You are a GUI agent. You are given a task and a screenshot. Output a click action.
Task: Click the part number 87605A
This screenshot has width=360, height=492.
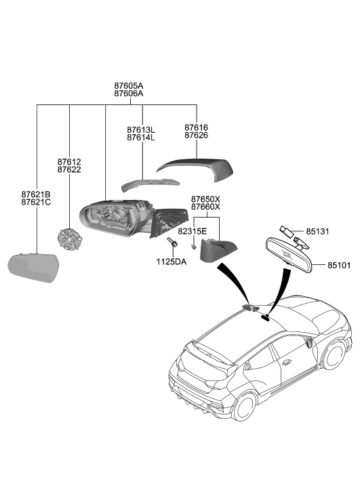(x=129, y=86)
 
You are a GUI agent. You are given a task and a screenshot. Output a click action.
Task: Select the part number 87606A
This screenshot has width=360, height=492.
(x=129, y=94)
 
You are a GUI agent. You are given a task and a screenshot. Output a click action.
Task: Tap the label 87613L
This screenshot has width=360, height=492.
(x=141, y=129)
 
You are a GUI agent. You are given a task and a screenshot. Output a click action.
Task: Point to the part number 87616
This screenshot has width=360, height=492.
(x=196, y=127)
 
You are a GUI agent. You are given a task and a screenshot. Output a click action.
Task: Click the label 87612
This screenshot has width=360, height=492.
(x=69, y=162)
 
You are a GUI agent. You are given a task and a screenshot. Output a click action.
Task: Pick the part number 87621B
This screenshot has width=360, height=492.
(x=36, y=194)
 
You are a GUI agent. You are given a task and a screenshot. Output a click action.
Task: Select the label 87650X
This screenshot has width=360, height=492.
(x=205, y=198)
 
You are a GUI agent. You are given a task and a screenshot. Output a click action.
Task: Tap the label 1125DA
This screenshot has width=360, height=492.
(x=172, y=261)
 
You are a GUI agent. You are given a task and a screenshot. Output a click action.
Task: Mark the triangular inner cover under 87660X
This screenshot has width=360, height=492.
(x=218, y=252)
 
